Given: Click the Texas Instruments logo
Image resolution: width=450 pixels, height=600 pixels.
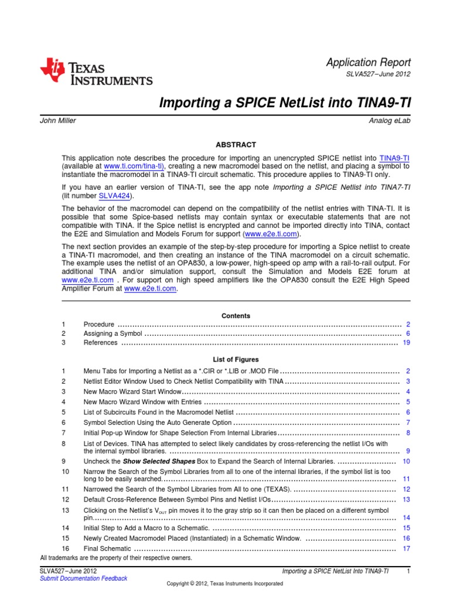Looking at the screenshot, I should click(x=96, y=73).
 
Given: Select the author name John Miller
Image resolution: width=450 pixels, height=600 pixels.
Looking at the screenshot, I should click(x=57, y=120).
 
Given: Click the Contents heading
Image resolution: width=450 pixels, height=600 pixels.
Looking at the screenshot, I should click(x=236, y=316).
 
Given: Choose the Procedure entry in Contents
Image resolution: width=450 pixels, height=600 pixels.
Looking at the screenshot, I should click(x=99, y=325).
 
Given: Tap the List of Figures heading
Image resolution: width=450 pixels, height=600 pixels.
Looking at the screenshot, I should click(x=236, y=359).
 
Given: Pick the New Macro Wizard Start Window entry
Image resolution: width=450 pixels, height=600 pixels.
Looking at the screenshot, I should click(x=132, y=391).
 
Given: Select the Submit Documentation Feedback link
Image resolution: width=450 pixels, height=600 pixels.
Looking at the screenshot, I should click(x=83, y=578).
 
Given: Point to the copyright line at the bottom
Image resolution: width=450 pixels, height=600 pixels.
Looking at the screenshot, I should click(x=225, y=584).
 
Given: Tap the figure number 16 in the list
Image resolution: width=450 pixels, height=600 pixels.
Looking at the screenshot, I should click(x=65, y=548).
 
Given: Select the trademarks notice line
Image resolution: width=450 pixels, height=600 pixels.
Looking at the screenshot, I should click(x=116, y=558).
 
